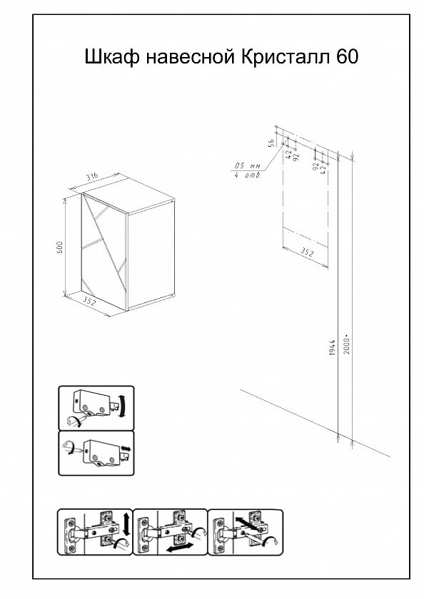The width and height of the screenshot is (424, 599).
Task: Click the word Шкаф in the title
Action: pos(111,57)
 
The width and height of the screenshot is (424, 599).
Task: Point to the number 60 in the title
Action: pos(348,57)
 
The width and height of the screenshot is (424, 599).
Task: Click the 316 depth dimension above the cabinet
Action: pos(92,177)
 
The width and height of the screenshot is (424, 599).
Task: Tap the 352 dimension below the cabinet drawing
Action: pos(89,302)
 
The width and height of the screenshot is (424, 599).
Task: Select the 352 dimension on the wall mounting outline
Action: pos(306,252)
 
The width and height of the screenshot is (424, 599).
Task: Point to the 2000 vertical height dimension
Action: pos(347,345)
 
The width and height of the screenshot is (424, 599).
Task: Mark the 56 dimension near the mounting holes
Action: pos(271,143)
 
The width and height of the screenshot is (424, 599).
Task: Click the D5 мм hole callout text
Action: pos(247,166)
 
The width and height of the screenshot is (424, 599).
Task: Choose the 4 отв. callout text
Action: pos(248,175)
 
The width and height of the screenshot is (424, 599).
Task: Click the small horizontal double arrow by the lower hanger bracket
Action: pos(126,448)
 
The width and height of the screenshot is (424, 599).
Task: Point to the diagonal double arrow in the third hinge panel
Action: pos(246,523)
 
